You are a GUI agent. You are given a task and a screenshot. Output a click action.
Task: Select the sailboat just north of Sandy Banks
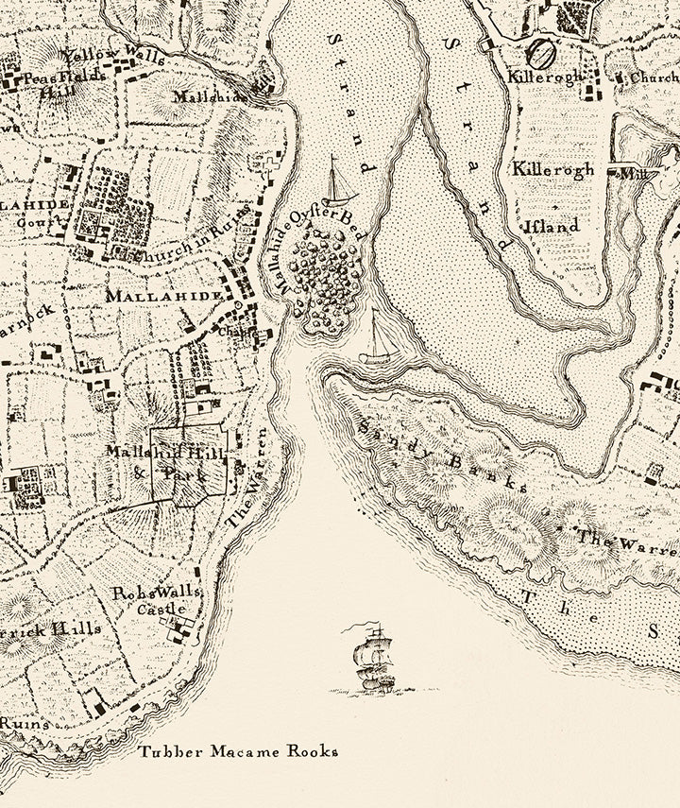379,337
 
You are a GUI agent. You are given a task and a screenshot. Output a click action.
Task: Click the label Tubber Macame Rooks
238,752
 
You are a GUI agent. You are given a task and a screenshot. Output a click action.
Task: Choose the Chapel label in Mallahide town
233,331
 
